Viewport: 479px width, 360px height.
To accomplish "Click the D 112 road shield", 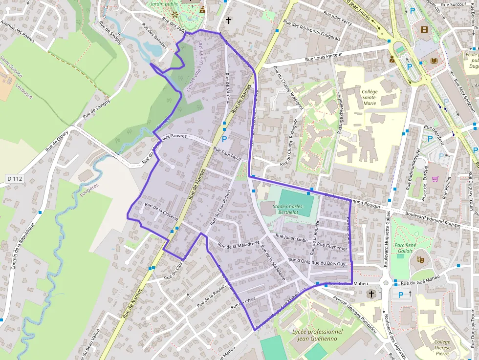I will [x=15, y=179].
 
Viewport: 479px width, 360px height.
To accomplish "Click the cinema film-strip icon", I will [x=423, y=30].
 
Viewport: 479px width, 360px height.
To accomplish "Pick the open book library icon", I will [x=434, y=61].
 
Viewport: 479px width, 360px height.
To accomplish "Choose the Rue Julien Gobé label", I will [x=292, y=238].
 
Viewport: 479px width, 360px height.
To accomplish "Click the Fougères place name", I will [x=90, y=186].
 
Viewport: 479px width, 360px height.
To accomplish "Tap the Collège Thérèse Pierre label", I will [x=442, y=348].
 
